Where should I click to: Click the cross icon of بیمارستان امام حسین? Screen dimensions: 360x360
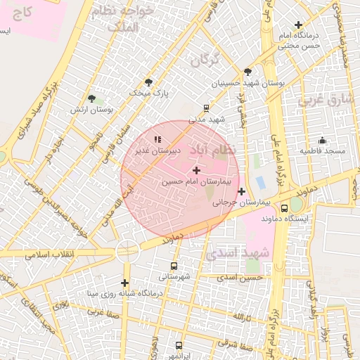click(195, 170)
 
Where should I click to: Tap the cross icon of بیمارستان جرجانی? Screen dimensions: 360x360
click(242, 191)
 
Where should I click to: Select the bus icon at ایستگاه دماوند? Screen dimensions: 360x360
click(284, 208)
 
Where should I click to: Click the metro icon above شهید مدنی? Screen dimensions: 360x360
click(206, 108)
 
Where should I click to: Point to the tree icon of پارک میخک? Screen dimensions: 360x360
click(148, 82)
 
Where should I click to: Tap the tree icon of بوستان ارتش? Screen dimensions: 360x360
click(91, 98)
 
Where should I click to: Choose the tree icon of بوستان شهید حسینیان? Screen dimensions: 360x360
click(247, 72)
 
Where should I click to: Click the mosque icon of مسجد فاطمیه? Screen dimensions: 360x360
click(322, 140)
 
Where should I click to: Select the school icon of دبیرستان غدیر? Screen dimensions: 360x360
click(157, 139)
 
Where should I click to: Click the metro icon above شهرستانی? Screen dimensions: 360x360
click(174, 266)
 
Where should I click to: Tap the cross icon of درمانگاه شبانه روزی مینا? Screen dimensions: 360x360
click(124, 282)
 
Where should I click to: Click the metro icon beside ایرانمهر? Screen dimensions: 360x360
click(179, 346)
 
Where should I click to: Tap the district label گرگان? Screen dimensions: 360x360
click(205, 60)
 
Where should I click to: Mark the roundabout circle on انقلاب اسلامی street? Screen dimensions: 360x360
click(128, 248)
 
